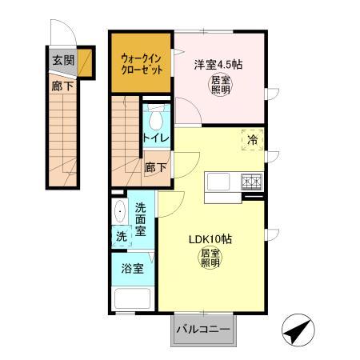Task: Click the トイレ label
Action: (155, 138)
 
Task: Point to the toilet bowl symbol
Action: (155, 118)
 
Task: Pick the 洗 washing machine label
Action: (120, 237)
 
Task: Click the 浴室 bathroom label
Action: (133, 268)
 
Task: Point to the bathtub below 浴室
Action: (133, 300)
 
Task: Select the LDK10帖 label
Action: (210, 239)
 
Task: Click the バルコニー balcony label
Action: (203, 329)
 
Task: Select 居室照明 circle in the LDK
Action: (210, 259)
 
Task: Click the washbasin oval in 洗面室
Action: (120, 212)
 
